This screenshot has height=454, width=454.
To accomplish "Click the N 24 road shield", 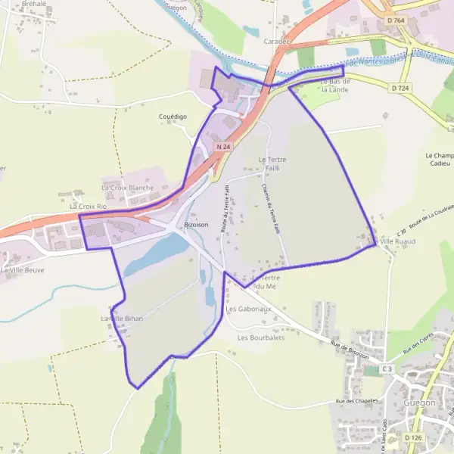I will (x=222, y=145).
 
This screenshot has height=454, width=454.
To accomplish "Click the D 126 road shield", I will (x=412, y=437).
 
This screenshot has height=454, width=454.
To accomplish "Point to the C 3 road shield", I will (x=387, y=368).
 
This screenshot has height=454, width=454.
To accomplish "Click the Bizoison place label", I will (x=196, y=225).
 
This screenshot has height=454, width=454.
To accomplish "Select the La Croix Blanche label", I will (x=127, y=187).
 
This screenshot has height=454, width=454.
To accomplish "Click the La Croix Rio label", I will (x=88, y=206).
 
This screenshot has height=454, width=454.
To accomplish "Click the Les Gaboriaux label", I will (x=248, y=309).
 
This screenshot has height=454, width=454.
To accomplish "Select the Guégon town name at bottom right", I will (x=420, y=403).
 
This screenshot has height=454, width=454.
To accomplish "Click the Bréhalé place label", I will (x=34, y=4).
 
